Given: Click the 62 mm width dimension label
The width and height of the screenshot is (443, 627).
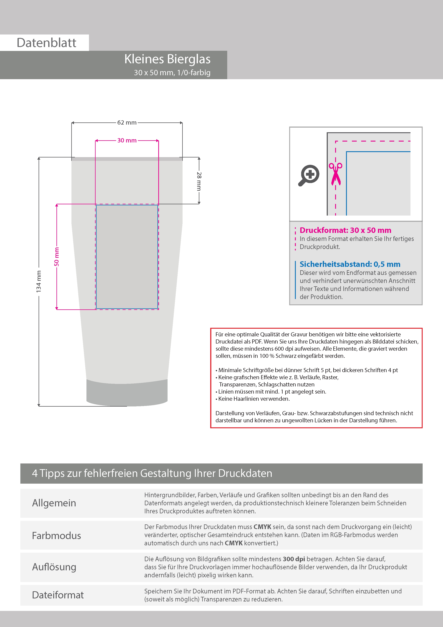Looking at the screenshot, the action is pyautogui.click(x=127, y=123).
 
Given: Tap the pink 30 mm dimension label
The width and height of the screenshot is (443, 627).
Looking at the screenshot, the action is pyautogui.click(x=127, y=140).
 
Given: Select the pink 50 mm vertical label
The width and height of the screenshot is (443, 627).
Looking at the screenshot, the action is pyautogui.click(x=56, y=257).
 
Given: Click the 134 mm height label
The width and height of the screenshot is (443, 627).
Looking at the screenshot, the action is pyautogui.click(x=39, y=282).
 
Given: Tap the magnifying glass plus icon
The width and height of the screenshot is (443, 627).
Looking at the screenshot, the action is pyautogui.click(x=309, y=175).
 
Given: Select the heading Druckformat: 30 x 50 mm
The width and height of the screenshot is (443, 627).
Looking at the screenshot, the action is pyautogui.click(x=345, y=230).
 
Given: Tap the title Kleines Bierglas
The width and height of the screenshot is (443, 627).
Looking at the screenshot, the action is pyautogui.click(x=167, y=59).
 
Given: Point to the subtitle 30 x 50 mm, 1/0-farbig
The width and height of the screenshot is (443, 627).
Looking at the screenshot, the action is pyautogui.click(x=172, y=73).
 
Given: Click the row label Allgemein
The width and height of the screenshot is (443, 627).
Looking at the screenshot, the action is pyautogui.click(x=54, y=503).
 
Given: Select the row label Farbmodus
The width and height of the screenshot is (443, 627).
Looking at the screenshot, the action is pyautogui.click(x=56, y=535).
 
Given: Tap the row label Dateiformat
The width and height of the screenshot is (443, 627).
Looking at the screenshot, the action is pyautogui.click(x=58, y=595).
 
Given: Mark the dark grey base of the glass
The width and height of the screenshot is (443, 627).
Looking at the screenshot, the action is pyautogui.click(x=127, y=393).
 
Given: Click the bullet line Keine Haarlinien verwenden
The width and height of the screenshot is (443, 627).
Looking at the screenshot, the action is pyautogui.click(x=253, y=399).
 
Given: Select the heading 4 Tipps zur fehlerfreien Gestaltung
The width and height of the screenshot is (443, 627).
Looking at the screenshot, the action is pyautogui.click(x=152, y=473).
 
